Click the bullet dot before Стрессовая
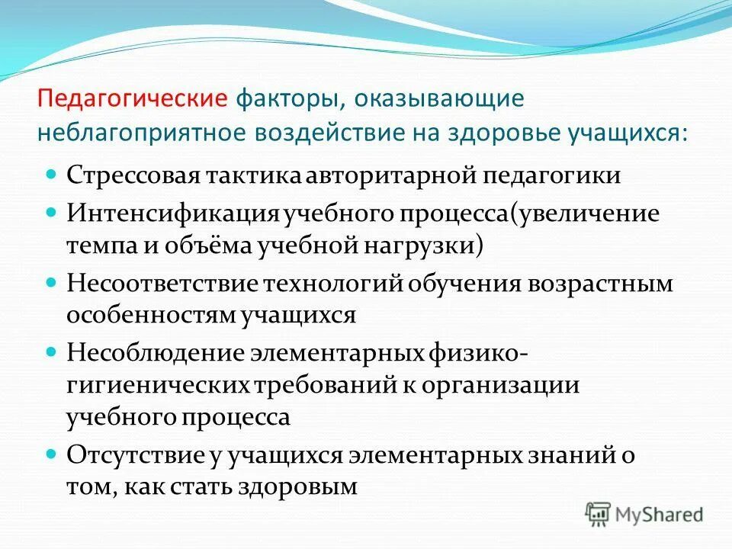pyautogui.click(x=52, y=174)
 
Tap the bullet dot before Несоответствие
pyautogui.click(x=52, y=282)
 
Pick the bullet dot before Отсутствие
pyautogui.click(x=52, y=453)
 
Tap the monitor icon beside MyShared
pyautogui.click(x=599, y=512)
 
